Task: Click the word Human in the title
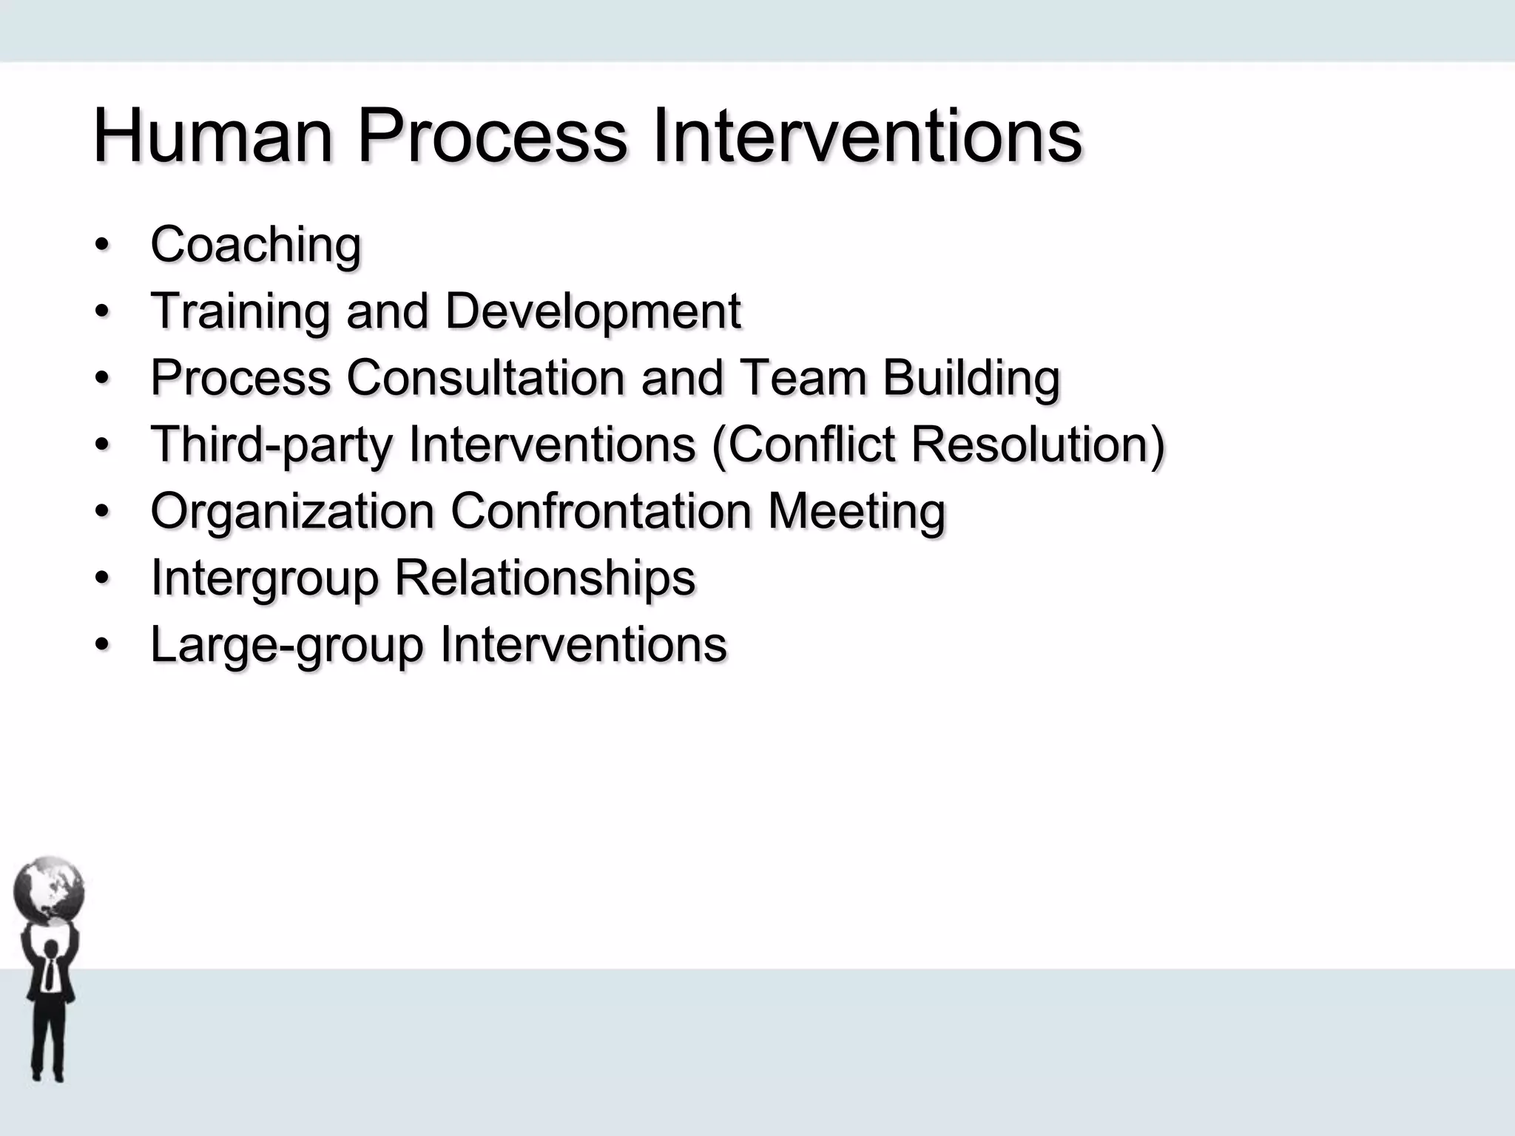(x=213, y=136)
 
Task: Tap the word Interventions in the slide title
(x=867, y=136)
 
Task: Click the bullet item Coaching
(x=256, y=244)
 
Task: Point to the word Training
(x=240, y=311)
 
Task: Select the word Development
(x=593, y=311)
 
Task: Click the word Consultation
(x=485, y=377)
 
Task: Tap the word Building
(x=971, y=377)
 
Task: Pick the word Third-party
(x=271, y=445)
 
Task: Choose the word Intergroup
(x=264, y=578)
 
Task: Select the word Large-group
(x=286, y=645)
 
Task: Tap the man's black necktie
(x=50, y=974)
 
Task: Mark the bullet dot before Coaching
(x=101, y=245)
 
